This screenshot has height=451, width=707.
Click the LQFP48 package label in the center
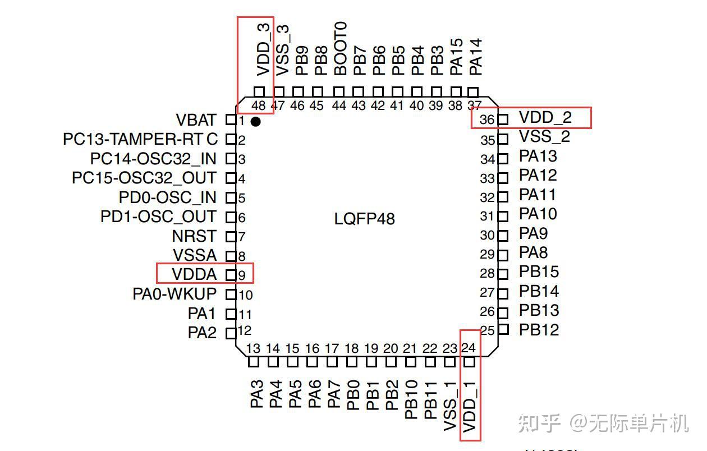click(365, 218)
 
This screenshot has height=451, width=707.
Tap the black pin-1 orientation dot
click(256, 121)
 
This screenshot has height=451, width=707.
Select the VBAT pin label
click(196, 120)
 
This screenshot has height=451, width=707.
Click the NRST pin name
click(194, 236)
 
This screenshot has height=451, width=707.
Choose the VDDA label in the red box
click(194, 274)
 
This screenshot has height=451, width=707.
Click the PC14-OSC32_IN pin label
click(153, 159)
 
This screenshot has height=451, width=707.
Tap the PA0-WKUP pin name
click(174, 293)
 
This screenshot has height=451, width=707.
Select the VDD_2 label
click(545, 118)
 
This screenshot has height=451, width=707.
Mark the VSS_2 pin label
click(544, 137)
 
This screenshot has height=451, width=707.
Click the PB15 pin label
click(539, 272)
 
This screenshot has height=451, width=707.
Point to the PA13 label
click(538, 156)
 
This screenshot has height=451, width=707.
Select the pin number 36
click(487, 120)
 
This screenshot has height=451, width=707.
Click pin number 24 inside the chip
click(468, 348)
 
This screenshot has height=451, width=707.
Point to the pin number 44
click(339, 105)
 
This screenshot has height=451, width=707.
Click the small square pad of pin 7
click(229, 236)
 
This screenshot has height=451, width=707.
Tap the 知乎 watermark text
click(539, 423)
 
